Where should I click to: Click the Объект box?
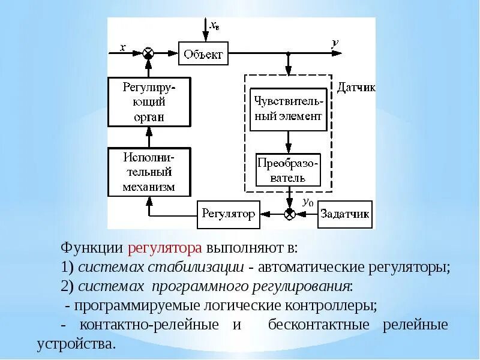tap(203, 55)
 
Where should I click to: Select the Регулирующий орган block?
tap(149, 102)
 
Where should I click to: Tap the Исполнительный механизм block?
tap(149, 172)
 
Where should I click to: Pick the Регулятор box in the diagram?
tap(228, 214)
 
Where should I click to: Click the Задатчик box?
tap(344, 214)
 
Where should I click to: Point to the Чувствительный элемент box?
tap(288, 109)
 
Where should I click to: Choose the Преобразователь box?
tap(288, 170)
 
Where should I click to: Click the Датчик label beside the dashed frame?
tap(355, 88)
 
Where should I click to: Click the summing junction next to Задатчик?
tap(289, 214)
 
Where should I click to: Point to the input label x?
tap(122, 48)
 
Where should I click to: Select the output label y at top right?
tap(335, 43)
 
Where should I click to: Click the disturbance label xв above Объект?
tap(214, 26)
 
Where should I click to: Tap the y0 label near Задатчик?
tap(308, 203)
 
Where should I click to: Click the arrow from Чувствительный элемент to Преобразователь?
tap(289, 142)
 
